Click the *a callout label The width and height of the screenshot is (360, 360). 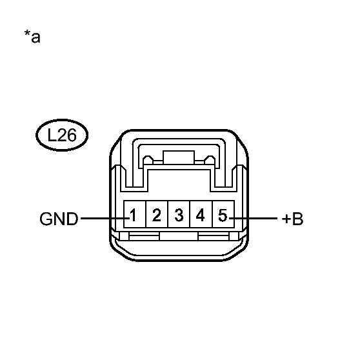coord(32,37)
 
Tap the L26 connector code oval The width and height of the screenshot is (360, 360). coord(62,135)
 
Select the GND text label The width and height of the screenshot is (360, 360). coord(59,219)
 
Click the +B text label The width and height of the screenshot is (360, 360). coord(292,219)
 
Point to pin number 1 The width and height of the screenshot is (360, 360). coord(133,215)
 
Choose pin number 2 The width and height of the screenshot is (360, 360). coord(157,215)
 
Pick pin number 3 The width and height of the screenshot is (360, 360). coord(179,215)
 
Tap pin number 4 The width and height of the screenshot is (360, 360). coord(201,215)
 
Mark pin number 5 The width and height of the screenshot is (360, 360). coord(223,215)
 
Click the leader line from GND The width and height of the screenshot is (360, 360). coord(105,218)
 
